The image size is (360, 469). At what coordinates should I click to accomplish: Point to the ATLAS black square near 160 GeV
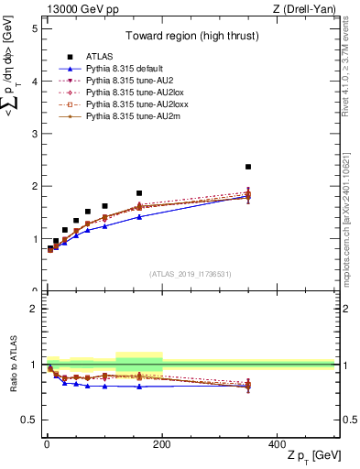(139, 193)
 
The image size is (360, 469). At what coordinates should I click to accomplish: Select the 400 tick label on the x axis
(278, 443)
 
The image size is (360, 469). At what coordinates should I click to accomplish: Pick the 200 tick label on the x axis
(162, 443)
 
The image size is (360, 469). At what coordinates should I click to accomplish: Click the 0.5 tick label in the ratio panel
(28, 420)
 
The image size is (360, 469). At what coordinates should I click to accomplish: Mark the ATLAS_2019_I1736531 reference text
(191, 274)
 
